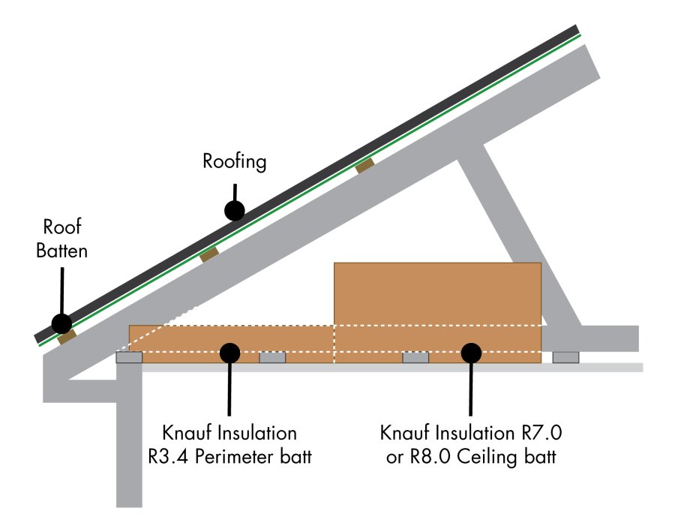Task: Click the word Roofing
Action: pos(234,162)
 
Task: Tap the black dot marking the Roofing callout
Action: pos(235,210)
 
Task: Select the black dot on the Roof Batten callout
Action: pos(61,323)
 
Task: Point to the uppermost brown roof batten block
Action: pos(364,165)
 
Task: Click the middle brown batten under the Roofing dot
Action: pos(209,254)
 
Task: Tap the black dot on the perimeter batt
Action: pos(229,351)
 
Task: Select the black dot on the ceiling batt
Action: pos(470,351)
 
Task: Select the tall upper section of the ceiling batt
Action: pos(436,293)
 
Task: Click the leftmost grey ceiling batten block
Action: pos(129,358)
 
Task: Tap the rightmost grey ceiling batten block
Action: pos(565,357)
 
